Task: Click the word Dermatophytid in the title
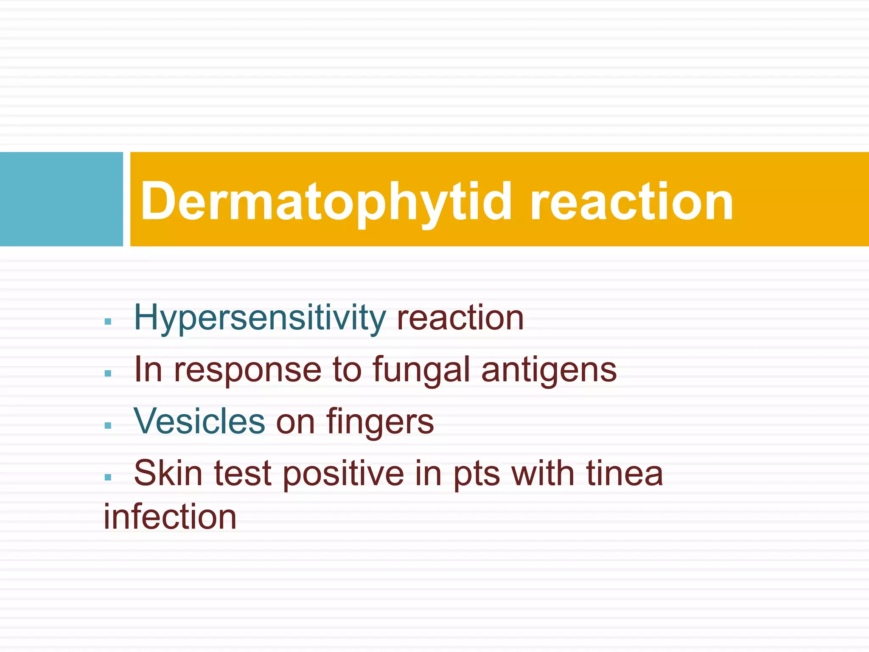tap(326, 202)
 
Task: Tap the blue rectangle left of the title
tap(61, 199)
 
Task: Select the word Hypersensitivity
tap(260, 318)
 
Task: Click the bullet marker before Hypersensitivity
tap(108, 322)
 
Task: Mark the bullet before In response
tap(108, 374)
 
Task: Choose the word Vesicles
tap(199, 421)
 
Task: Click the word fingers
tap(380, 422)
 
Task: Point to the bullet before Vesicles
tap(108, 425)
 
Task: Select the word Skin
tap(168, 473)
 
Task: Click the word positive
tap(343, 474)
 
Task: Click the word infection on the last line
tap(170, 517)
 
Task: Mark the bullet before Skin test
tap(108, 477)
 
